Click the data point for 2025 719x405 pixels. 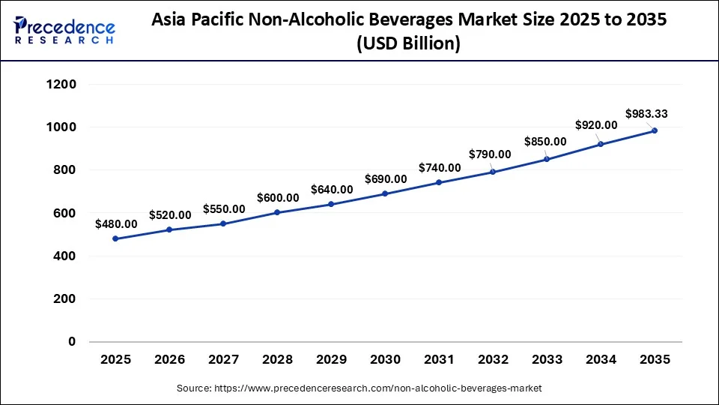[x=115, y=238]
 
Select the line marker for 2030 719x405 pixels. [x=385, y=193]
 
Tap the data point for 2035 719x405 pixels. [x=655, y=130]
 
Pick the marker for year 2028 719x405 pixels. [x=277, y=212]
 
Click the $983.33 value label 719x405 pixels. [x=646, y=114]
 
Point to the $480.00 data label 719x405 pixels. [x=116, y=223]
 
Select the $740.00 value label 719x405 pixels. [x=440, y=168]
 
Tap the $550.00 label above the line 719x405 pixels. [x=224, y=209]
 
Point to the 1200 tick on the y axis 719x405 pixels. [x=61, y=85]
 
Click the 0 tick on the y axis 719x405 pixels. [x=73, y=342]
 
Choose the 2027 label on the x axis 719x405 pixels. [x=223, y=360]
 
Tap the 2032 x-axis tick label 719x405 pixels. [x=493, y=360]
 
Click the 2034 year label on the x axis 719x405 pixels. [x=601, y=360]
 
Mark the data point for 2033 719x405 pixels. [x=547, y=159]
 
